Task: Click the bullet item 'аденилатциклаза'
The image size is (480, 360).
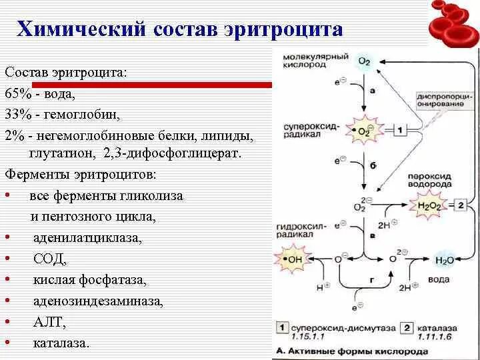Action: tap(87, 237)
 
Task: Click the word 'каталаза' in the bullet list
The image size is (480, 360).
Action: tap(61, 343)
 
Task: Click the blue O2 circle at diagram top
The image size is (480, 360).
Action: tap(364, 61)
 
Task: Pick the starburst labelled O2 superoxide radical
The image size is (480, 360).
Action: tap(364, 131)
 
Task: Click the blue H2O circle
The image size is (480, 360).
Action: tap(443, 260)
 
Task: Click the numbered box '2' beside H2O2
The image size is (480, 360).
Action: tap(460, 205)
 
